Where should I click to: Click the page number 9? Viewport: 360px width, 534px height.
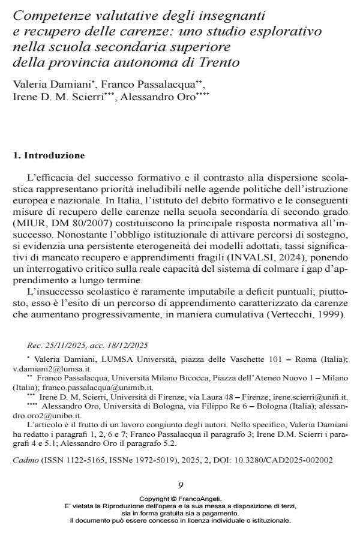pyautogui.click(x=181, y=485)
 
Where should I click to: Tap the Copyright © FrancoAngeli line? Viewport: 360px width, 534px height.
pyautogui.click(x=180, y=499)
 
